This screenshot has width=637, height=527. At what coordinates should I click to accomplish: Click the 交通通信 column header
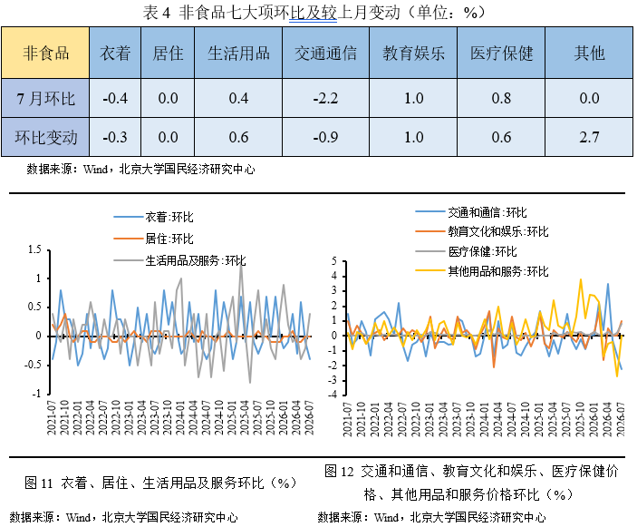(x=325, y=54)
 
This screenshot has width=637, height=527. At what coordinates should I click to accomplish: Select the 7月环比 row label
(x=45, y=99)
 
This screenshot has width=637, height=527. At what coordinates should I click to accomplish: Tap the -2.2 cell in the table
(x=325, y=98)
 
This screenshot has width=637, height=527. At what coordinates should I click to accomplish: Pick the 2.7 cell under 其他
(x=589, y=137)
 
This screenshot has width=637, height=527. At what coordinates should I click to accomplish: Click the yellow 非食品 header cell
(x=45, y=53)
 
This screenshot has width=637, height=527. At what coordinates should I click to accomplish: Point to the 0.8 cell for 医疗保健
(x=501, y=98)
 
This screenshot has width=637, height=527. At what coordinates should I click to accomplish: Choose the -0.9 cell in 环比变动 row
(x=325, y=137)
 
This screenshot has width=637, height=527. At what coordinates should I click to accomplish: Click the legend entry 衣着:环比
(x=153, y=217)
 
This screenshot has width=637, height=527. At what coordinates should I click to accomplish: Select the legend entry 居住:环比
(x=153, y=239)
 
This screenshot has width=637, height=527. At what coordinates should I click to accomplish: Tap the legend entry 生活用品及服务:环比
(x=180, y=260)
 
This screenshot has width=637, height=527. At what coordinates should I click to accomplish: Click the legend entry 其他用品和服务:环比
(x=482, y=271)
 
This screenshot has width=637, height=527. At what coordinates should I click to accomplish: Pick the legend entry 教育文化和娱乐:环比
(x=482, y=231)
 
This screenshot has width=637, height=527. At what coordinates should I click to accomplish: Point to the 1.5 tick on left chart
(x=35, y=249)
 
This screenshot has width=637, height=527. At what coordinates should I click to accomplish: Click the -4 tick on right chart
(x=333, y=395)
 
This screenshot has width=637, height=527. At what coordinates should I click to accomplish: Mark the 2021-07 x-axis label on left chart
(x=52, y=417)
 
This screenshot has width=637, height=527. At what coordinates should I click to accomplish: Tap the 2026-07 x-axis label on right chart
(x=621, y=420)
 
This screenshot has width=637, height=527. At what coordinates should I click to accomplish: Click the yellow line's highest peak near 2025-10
(x=581, y=279)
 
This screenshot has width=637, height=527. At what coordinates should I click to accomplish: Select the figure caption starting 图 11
(x=160, y=483)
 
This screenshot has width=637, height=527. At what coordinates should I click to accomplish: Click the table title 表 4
(x=314, y=12)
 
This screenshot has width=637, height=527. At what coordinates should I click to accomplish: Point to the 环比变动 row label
(x=45, y=138)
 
